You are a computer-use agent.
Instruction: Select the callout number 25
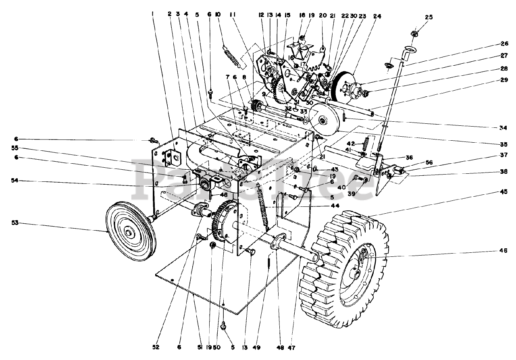(x=428, y=17)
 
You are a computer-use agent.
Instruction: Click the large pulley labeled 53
(x=128, y=231)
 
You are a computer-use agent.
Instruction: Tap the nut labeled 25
(x=415, y=32)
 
